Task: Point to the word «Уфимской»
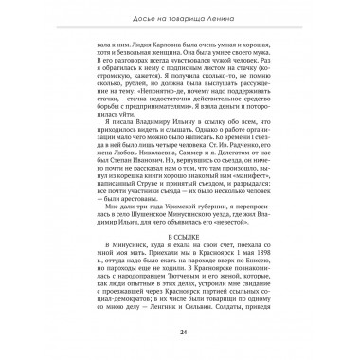(x=189, y=201)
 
